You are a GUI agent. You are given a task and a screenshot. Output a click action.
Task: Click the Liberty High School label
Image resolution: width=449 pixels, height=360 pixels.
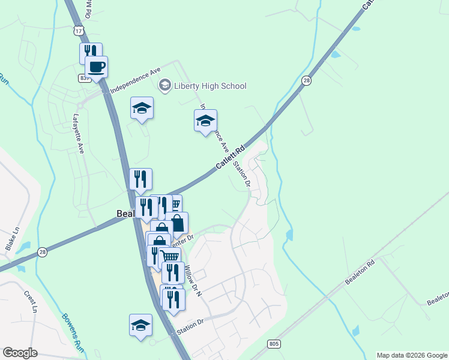pyautogui.click(x=209, y=86)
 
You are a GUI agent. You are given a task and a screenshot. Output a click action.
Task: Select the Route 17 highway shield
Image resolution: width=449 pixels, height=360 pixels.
pyautogui.click(x=78, y=30)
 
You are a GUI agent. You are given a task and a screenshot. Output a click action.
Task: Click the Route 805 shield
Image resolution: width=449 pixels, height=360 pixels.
pyautogui.click(x=274, y=343)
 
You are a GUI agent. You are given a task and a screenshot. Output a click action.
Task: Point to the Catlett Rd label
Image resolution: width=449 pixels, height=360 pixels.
pyautogui.click(x=231, y=156)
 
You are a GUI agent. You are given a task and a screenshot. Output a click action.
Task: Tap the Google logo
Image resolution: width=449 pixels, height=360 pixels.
pyautogui.click(x=20, y=352)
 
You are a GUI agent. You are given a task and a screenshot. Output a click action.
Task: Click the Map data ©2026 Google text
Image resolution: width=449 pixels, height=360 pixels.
pyautogui.click(x=411, y=355)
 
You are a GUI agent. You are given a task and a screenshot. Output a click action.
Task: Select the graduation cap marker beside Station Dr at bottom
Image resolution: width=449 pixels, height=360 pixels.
pyautogui.click(x=141, y=325)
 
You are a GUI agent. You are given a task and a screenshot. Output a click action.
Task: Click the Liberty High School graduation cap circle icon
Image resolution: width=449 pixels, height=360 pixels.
pyautogui.click(x=164, y=86)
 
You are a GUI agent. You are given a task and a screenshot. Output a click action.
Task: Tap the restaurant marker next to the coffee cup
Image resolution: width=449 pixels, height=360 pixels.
pyautogui.click(x=90, y=52)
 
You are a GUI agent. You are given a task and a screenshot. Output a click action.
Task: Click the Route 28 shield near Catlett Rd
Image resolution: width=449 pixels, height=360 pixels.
pyautogui.click(x=307, y=80)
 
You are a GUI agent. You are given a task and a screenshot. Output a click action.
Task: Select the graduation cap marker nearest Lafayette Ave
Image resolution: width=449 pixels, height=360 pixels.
pyautogui.click(x=142, y=108)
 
